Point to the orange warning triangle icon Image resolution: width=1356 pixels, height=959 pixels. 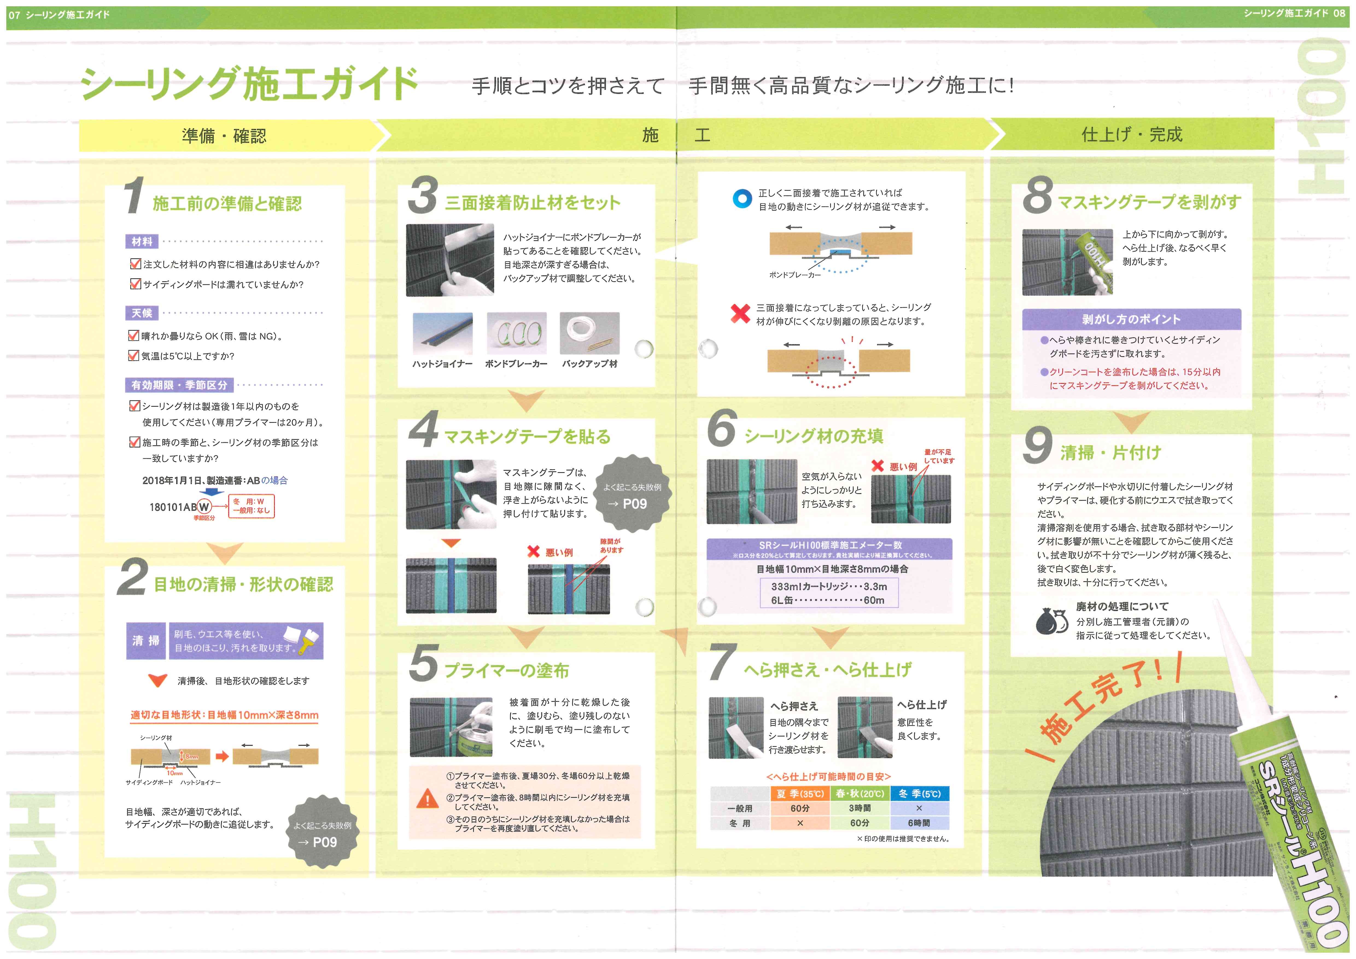pyautogui.click(x=427, y=800)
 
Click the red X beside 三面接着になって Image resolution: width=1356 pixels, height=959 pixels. pyautogui.click(x=740, y=313)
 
